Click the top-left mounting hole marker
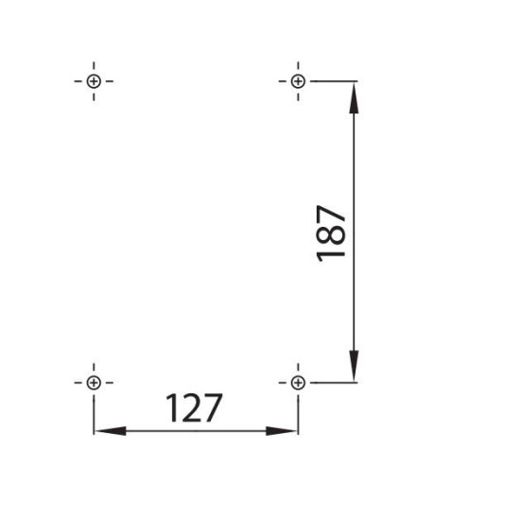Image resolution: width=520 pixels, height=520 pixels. [94, 81]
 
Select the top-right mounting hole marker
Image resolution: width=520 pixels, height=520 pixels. [298, 81]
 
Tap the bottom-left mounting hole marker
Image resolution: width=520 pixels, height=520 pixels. [94, 383]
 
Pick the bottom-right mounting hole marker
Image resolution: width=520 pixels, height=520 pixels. [298, 383]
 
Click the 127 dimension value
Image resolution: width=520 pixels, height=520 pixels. [194, 407]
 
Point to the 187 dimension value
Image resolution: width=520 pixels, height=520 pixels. [331, 234]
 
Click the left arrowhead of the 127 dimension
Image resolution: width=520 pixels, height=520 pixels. [110, 431]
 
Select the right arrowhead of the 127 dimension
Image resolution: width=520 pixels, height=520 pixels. [282, 431]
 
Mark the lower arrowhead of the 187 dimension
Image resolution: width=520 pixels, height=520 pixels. [354, 366]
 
